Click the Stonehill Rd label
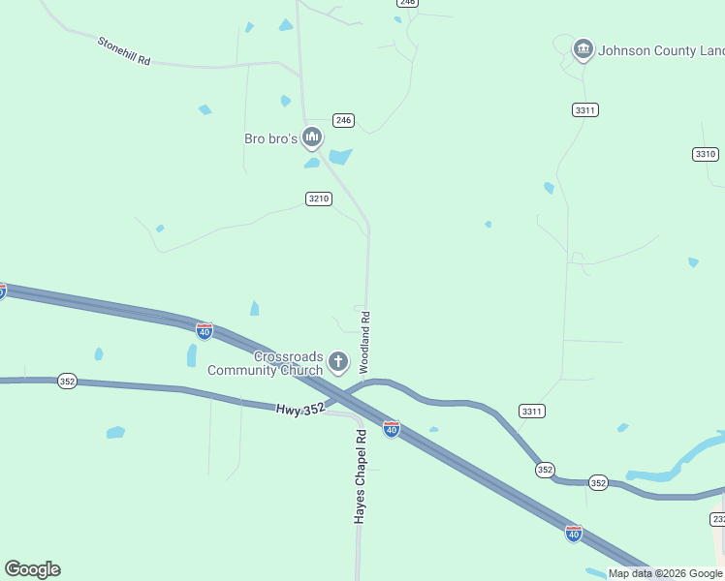(124, 51)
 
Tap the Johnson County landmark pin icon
(583, 48)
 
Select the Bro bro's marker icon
(312, 138)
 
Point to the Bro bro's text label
(269, 138)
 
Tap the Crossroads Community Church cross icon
(338, 363)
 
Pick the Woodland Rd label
(365, 342)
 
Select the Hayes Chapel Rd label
(360, 476)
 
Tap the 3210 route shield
(319, 199)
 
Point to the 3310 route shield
(706, 154)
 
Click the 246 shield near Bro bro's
(343, 120)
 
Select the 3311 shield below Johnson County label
(584, 110)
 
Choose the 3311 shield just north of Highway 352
(531, 411)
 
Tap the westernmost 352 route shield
(67, 381)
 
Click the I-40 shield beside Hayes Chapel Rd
(391, 428)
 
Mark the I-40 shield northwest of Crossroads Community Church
(204, 331)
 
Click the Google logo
(32, 569)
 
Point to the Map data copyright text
(665, 573)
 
